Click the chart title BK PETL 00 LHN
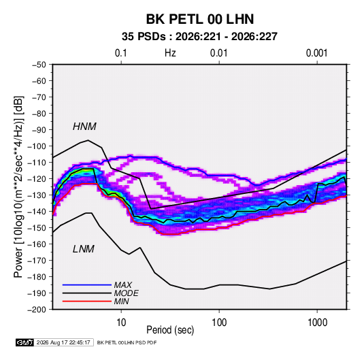point(200,19)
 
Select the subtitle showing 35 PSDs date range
point(199,37)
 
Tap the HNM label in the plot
point(84,127)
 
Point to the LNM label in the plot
point(84,249)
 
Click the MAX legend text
point(122,284)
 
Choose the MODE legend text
point(127,293)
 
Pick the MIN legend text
point(121,301)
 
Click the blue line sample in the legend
point(87,284)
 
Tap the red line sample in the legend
point(87,301)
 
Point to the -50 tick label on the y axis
point(39,65)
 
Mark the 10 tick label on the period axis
point(121,323)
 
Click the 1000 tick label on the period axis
point(317,323)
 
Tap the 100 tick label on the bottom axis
point(219,323)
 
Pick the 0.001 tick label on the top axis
point(316,53)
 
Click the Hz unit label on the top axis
point(170,53)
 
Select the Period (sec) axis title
point(170,330)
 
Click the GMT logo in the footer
point(25,342)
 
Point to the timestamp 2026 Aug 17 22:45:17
point(63,342)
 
